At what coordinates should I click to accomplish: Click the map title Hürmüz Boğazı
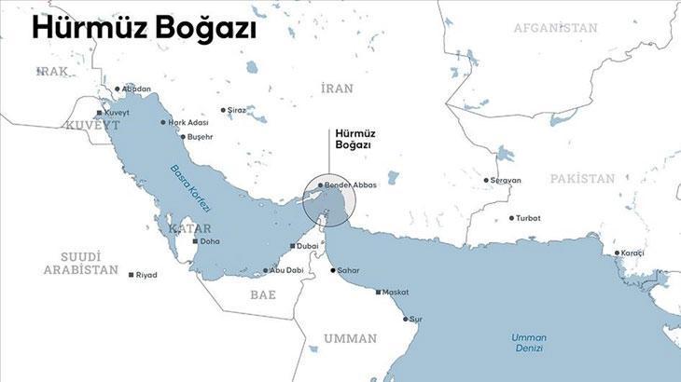(144, 29)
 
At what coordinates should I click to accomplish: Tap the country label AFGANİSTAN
(555, 28)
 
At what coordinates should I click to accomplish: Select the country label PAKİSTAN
(582, 178)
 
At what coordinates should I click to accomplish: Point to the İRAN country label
(338, 89)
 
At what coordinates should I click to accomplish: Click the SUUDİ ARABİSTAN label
(80, 263)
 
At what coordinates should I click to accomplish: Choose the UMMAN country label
(350, 338)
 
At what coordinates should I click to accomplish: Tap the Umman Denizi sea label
(529, 342)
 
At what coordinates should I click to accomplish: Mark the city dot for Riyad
(130, 275)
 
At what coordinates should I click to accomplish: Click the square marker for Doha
(194, 241)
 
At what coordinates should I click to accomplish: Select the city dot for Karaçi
(617, 252)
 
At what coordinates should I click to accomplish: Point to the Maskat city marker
(378, 293)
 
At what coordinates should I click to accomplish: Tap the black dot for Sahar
(333, 270)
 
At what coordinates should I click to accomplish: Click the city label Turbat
(528, 218)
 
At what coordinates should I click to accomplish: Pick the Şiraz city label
(237, 110)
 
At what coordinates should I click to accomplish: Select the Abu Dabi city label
(287, 270)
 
